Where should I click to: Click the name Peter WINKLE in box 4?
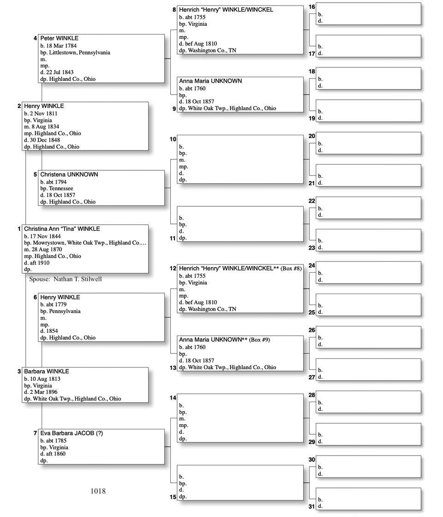tap(59, 38)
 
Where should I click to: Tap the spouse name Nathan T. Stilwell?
tap(78, 279)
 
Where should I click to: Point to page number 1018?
tap(98, 491)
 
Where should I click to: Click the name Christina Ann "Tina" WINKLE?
tap(62, 229)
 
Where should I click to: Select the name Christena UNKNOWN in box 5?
tap(69, 175)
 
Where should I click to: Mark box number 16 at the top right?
tap(312, 7)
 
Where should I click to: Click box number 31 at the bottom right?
tap(312, 506)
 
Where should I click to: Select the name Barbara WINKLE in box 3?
tap(46, 372)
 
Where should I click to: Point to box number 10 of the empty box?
tap(173, 139)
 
